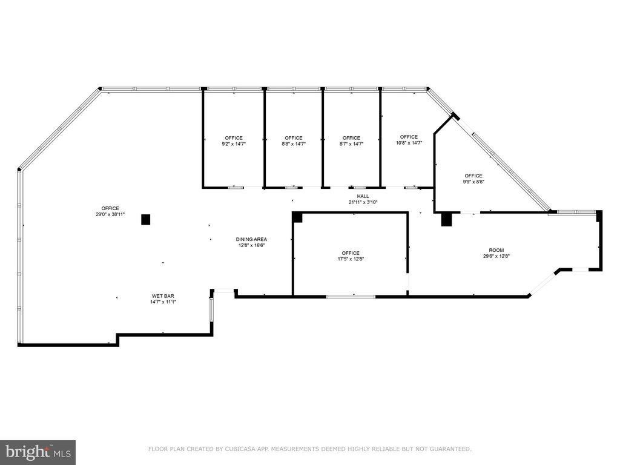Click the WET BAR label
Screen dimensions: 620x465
(x=163, y=295)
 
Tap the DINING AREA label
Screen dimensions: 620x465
(x=251, y=239)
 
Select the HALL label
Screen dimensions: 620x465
(x=363, y=196)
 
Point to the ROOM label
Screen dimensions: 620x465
(x=496, y=250)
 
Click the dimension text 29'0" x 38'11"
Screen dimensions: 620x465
(x=110, y=214)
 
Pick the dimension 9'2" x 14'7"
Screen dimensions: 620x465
(x=234, y=144)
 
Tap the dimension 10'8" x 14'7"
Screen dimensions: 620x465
(x=409, y=143)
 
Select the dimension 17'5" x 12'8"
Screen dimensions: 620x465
(x=351, y=259)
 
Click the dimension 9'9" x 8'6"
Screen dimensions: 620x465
(x=473, y=182)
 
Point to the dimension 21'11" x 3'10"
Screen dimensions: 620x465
(x=363, y=202)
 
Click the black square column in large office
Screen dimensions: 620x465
(x=145, y=219)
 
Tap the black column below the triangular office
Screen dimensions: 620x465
(x=446, y=219)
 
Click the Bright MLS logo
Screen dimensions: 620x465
(x=38, y=452)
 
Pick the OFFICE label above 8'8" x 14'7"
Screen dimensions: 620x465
(x=294, y=138)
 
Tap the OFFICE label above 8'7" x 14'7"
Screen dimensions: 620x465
(x=352, y=138)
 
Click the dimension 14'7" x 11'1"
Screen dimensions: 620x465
(x=163, y=302)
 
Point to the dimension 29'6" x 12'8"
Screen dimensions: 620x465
(x=496, y=256)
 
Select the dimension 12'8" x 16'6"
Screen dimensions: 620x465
(x=251, y=245)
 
